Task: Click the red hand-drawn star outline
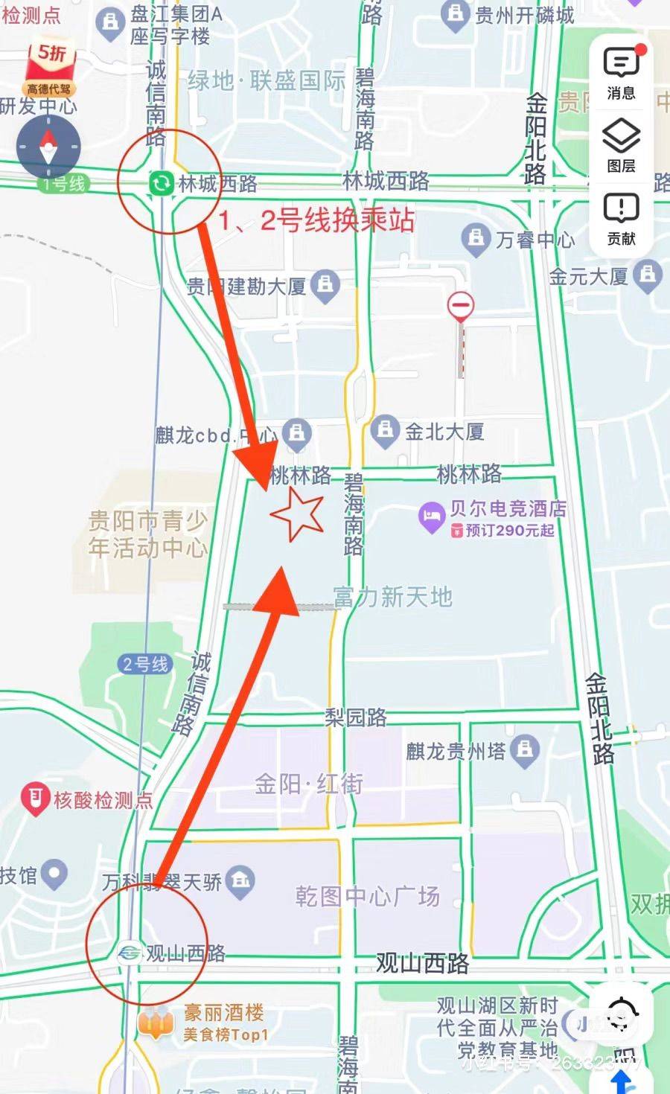pos(297,514)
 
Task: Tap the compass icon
pos(49,146)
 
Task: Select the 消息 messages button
pos(621,72)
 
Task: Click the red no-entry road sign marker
pos(461,305)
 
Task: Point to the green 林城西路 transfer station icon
pos(160,183)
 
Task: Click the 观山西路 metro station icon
pos(129,953)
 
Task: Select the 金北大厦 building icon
pos(385,430)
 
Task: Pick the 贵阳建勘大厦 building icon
pos(325,285)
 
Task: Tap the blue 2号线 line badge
pos(145,664)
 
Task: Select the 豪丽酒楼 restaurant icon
pos(156,1024)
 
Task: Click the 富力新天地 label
pos(392,597)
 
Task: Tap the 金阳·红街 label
pos(309,784)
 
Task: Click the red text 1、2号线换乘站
pos(316,221)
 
